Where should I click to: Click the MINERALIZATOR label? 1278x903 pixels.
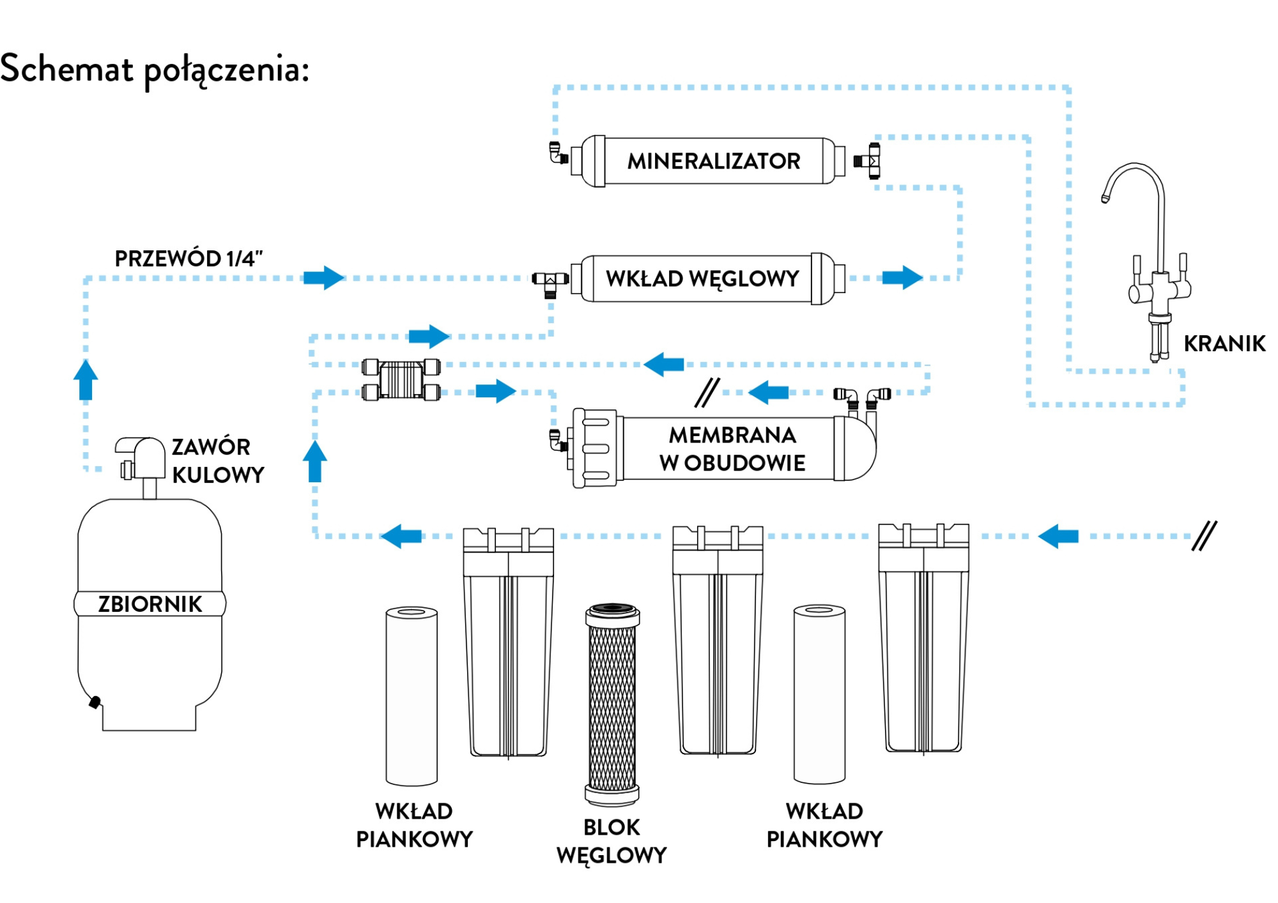click(714, 161)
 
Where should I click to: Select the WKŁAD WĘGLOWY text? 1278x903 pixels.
click(702, 279)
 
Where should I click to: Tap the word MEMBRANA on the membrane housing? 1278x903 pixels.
click(732, 435)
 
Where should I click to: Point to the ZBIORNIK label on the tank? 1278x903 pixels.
click(150, 604)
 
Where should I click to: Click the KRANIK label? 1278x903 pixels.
click(1224, 344)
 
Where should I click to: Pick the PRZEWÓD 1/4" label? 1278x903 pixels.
click(189, 259)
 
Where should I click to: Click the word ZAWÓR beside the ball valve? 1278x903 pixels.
click(211, 446)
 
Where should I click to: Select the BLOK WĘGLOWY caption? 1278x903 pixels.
click(612, 841)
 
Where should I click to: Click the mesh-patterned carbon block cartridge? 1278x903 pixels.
click(613, 704)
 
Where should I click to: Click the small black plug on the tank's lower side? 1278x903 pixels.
click(95, 702)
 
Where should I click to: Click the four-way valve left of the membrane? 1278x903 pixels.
click(401, 379)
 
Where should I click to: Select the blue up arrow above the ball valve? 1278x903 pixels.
click(86, 379)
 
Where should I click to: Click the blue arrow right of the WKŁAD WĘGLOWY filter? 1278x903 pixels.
click(902, 278)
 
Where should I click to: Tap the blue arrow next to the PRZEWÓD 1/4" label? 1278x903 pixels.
click(324, 278)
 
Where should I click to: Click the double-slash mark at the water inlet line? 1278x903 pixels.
click(1205, 535)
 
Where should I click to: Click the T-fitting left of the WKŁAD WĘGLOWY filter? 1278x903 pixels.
click(550, 284)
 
